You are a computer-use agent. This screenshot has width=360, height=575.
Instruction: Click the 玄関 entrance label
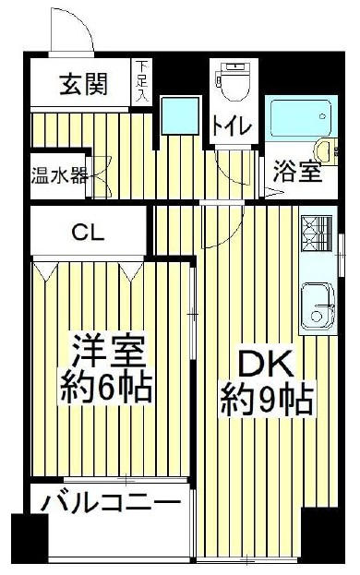[x=83, y=84]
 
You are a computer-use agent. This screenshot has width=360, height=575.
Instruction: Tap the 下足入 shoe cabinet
[x=140, y=82]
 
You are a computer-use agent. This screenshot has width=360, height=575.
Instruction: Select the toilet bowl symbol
[x=234, y=82]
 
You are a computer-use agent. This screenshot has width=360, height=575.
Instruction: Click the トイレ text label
[x=233, y=126]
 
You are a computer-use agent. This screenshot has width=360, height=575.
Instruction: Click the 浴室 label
[x=298, y=172]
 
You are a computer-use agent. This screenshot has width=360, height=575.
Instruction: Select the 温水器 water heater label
[x=59, y=176]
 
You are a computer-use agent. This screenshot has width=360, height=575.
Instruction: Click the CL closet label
[x=88, y=232]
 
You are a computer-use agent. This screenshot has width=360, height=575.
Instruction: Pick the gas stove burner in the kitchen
[x=317, y=233]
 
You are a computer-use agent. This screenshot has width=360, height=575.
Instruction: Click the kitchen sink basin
[x=318, y=306]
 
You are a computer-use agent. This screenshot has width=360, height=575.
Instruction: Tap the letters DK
[x=266, y=363]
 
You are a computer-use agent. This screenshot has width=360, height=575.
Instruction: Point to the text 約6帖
[x=106, y=388]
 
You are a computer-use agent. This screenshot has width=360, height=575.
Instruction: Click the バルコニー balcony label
[x=111, y=502]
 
